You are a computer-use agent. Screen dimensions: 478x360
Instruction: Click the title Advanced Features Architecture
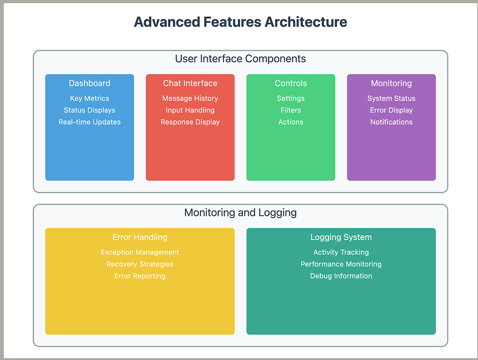point(240,22)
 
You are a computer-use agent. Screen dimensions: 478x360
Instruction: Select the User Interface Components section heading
point(240,58)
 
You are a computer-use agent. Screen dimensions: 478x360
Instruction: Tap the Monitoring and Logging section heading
point(240,212)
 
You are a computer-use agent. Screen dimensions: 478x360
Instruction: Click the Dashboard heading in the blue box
point(90,83)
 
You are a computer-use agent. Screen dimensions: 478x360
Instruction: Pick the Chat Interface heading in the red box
point(190,83)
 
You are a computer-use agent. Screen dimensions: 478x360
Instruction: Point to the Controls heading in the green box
point(291,83)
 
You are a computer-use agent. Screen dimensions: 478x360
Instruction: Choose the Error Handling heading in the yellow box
point(140,237)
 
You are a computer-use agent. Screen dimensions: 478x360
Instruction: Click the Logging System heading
point(341,237)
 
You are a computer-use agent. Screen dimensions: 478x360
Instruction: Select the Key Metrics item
point(90,98)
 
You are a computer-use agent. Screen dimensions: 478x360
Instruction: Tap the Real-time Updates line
point(90,122)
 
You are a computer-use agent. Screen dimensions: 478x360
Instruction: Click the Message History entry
point(190,98)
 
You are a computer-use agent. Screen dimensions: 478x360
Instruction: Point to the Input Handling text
point(190,110)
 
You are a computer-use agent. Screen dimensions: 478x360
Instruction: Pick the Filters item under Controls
point(291,110)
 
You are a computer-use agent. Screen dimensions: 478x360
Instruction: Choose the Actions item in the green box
point(291,122)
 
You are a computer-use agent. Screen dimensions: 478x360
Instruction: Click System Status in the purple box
point(392,98)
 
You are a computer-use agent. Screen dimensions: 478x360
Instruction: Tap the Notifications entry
point(392,122)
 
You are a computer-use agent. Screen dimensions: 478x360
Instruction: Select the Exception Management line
point(140,252)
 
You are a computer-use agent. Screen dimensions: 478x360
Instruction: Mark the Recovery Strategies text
point(140,264)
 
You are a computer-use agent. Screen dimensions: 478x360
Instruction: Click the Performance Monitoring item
point(341,264)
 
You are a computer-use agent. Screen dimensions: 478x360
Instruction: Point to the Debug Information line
point(341,276)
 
